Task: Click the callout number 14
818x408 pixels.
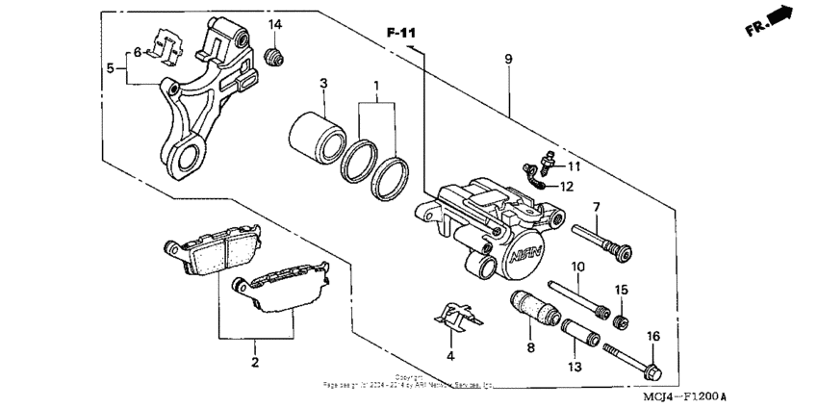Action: [275, 24]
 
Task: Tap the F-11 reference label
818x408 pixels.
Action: [403, 35]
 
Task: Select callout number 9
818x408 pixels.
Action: [508, 60]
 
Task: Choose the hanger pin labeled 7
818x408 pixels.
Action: [603, 242]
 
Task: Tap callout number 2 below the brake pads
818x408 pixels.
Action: [255, 363]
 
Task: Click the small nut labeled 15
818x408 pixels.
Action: [622, 319]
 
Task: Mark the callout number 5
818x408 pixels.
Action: [111, 68]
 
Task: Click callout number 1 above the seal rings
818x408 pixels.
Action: [376, 86]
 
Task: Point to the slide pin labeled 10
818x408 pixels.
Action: [579, 297]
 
